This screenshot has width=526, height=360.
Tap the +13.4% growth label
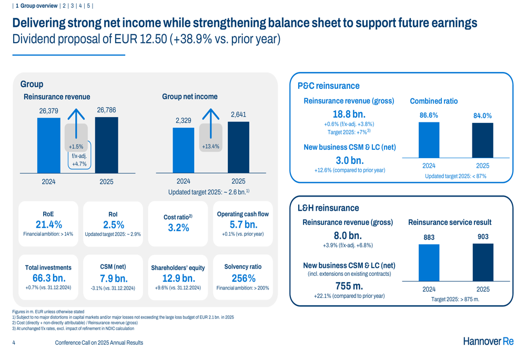210,146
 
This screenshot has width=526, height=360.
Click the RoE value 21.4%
48,224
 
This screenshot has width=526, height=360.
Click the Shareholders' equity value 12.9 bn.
178,278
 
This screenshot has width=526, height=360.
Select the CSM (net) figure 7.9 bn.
113,278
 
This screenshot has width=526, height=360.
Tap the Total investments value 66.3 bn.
48,278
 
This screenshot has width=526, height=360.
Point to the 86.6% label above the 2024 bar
429,115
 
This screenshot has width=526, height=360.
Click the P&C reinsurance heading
328,86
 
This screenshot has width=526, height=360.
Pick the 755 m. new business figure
349,286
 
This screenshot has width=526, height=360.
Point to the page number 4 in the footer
14,343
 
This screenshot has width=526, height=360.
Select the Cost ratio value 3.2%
178,228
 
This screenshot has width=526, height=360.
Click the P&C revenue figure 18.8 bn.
349,114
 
